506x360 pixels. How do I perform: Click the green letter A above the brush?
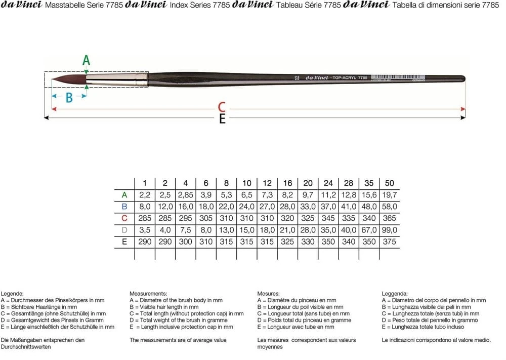point(87,60)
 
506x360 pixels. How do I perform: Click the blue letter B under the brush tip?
point(69,98)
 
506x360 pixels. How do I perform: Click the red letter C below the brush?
point(221,107)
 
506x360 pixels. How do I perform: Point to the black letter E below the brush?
point(222,119)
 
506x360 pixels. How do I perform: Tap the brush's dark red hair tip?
point(66,78)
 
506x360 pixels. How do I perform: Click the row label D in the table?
point(124,230)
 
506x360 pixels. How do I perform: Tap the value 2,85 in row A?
point(185,195)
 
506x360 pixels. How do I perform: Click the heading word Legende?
point(12,294)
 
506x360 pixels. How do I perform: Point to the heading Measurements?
point(148,294)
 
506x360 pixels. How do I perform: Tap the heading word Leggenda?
point(395,294)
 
